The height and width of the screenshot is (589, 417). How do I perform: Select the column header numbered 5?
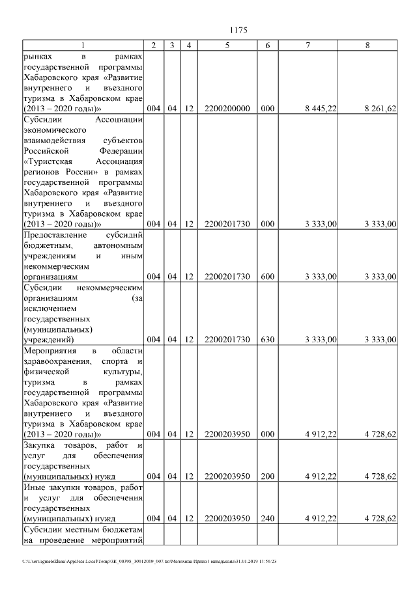[227, 46]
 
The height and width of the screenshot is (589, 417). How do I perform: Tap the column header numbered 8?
[368, 46]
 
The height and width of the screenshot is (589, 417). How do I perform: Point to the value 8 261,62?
[380, 109]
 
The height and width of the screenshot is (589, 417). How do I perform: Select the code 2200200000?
[227, 109]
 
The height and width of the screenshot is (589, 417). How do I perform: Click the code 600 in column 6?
[267, 277]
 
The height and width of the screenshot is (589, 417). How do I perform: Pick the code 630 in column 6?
[267, 340]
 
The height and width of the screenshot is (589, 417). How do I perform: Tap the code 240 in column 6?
[267, 519]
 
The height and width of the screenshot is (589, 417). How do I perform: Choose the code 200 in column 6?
[267, 476]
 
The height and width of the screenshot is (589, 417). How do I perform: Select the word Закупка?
[40, 445]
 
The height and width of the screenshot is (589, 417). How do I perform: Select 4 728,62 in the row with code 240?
[380, 519]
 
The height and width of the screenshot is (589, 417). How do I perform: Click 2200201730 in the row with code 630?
[227, 340]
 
